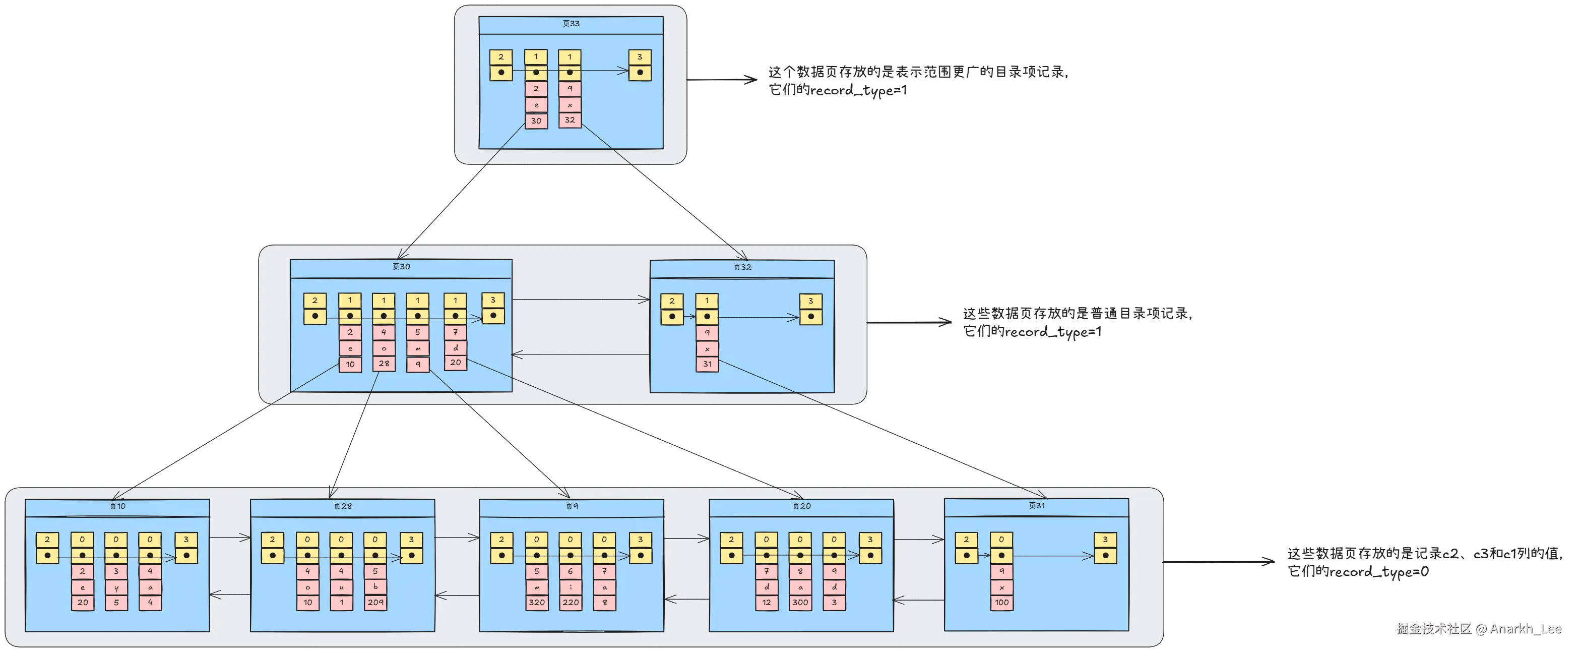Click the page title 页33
[x=571, y=24]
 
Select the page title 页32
[x=742, y=267]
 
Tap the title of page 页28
[x=342, y=506]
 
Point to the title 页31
[x=1037, y=506]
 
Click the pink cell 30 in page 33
[x=536, y=121]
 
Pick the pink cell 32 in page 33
[x=570, y=120]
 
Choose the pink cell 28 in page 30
[x=384, y=364]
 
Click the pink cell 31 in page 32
[x=707, y=364]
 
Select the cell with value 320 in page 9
[x=537, y=603]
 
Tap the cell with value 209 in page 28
[x=375, y=603]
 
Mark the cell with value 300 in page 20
[x=800, y=603]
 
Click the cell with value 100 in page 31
[x=1001, y=603]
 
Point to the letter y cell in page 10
[x=116, y=587]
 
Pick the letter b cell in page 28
[x=375, y=586]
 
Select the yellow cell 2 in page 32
[x=672, y=301]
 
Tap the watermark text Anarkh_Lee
[x=1525, y=629]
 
